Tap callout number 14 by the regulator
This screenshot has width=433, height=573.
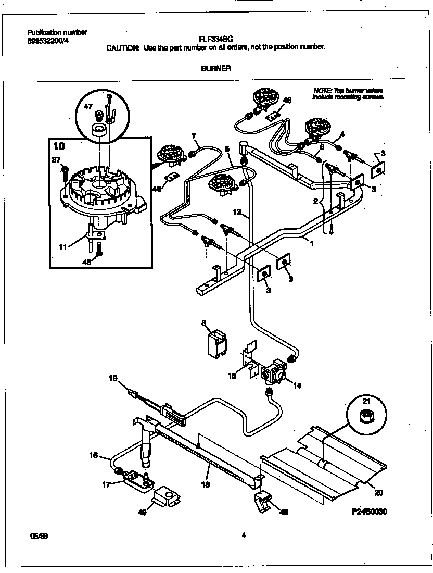297,386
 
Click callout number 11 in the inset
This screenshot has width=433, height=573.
63,247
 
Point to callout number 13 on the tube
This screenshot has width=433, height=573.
237,212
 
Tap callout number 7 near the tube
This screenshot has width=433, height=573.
194,137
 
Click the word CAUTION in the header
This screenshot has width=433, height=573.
122,47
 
